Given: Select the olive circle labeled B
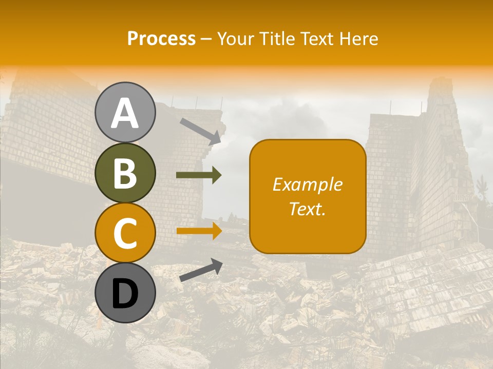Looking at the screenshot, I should (x=125, y=173).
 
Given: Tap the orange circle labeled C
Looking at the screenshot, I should (x=125, y=233).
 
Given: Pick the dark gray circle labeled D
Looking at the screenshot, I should (x=125, y=293).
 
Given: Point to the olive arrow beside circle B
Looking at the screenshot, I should (x=199, y=175).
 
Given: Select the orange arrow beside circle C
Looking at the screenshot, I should (x=199, y=231).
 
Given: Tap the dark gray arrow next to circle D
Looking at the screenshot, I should (x=201, y=270).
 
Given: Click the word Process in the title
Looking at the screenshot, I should (x=161, y=38).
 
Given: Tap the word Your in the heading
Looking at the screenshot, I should (x=234, y=38).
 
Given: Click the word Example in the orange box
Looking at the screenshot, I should (x=307, y=184).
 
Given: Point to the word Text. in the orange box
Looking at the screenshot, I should (x=307, y=209).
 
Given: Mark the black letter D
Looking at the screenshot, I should (x=125, y=295).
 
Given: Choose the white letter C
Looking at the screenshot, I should (x=125, y=234).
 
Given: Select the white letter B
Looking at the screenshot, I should (x=125, y=174).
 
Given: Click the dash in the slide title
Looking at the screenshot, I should (x=206, y=39).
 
